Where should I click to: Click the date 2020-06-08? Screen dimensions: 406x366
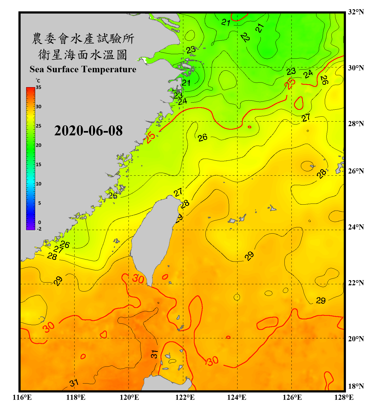[x=88, y=131]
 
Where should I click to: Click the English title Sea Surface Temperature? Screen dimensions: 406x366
[x=83, y=69]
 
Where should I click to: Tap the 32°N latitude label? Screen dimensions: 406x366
[x=356, y=12]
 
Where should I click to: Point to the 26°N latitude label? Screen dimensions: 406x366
[x=356, y=171]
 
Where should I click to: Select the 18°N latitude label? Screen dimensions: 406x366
[x=356, y=386]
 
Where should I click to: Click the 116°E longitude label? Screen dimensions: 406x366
[x=22, y=397]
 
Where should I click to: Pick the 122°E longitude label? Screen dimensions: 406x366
[x=185, y=397]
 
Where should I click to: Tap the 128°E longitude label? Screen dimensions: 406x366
[x=344, y=397]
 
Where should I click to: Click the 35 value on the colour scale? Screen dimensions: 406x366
[x=38, y=87]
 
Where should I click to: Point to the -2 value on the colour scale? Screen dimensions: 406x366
[x=39, y=229]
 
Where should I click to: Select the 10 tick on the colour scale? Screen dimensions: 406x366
[x=38, y=184]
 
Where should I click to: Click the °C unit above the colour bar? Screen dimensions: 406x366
[x=38, y=81]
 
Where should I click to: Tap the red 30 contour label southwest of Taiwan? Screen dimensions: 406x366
[x=138, y=279]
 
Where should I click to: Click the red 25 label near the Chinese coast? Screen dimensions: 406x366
[x=151, y=137]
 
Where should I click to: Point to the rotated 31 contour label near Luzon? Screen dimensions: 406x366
[x=154, y=354]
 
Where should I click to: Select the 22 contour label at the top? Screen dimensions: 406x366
[x=245, y=37]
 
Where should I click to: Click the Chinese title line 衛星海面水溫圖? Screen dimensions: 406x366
[x=83, y=55]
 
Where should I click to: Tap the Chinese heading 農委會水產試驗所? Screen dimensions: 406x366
[x=83, y=39]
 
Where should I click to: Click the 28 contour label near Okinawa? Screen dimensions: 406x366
[x=322, y=173]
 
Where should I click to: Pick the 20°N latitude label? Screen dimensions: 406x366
[x=356, y=339]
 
